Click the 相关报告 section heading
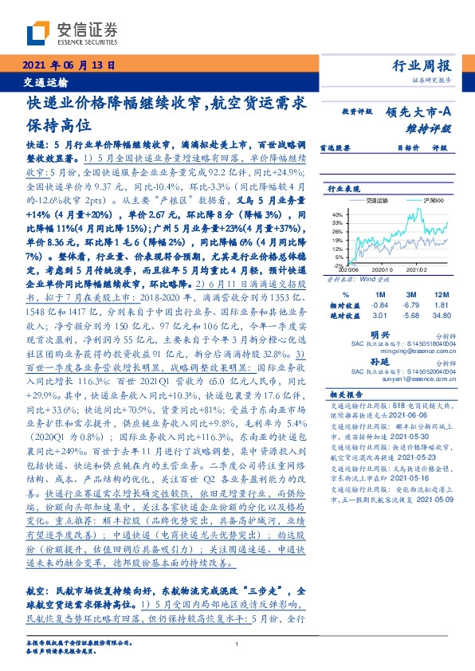345,394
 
